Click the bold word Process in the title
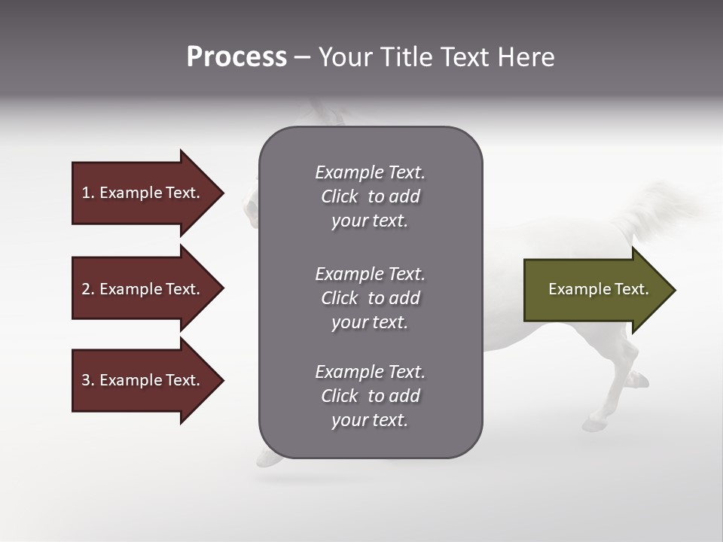pyautogui.click(x=236, y=57)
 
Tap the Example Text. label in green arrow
pyautogui.click(x=598, y=289)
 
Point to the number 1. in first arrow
pyautogui.click(x=88, y=193)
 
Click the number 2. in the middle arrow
pyautogui.click(x=88, y=289)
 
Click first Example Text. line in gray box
pyautogui.click(x=370, y=172)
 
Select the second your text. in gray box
pyautogui.click(x=370, y=322)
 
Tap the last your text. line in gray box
pyautogui.click(x=370, y=421)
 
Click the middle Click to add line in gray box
pyautogui.click(x=370, y=298)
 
